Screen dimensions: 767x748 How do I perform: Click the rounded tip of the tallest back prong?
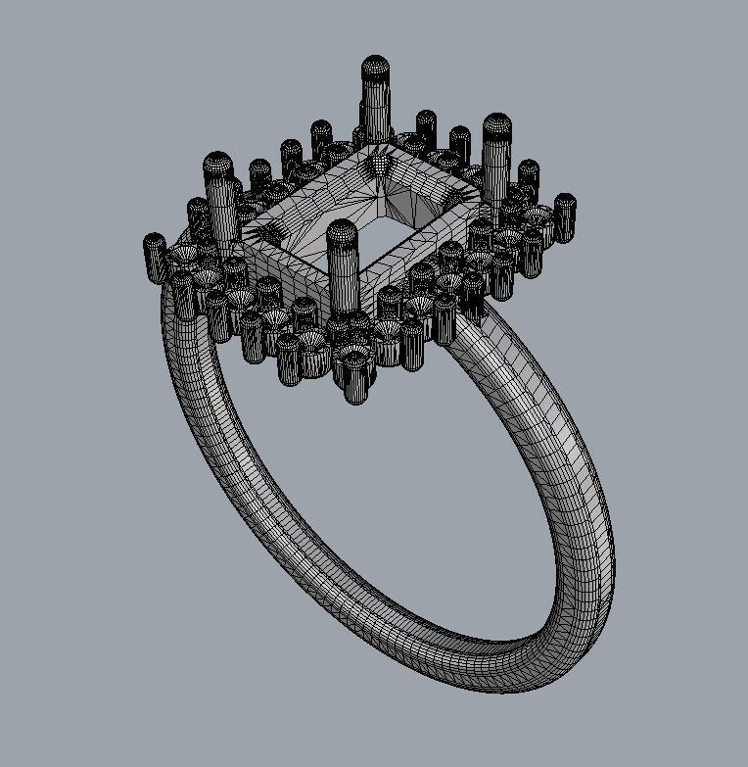376,68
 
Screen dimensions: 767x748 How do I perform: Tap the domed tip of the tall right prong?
498,125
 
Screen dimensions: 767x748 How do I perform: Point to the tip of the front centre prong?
341,231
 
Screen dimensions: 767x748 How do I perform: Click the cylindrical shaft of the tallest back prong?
376,108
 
